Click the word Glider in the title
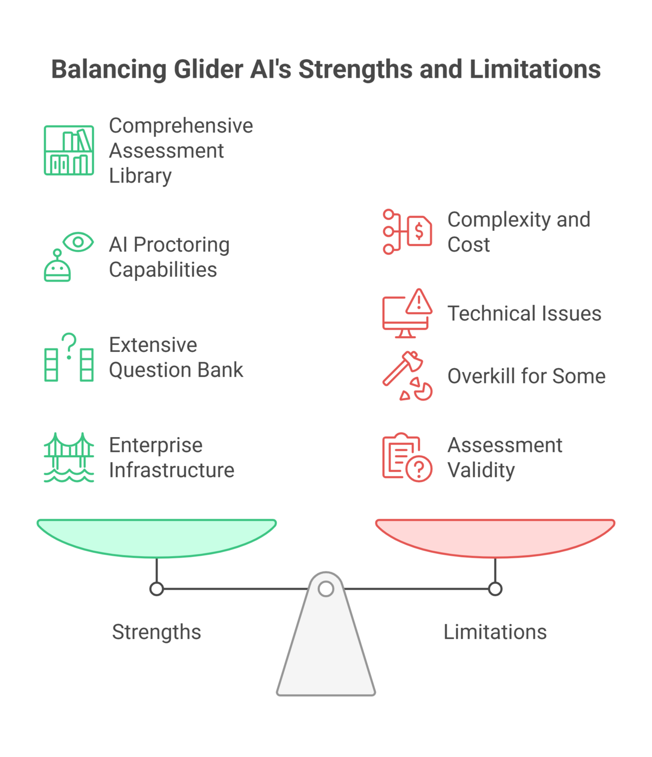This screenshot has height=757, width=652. [x=208, y=69]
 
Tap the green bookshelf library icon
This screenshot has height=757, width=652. [x=69, y=150]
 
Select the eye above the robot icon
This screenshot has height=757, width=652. [x=78, y=242]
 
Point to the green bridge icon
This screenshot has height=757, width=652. [x=69, y=457]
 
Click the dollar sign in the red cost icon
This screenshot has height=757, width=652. [x=418, y=231]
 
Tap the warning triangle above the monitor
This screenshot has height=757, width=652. [x=419, y=301]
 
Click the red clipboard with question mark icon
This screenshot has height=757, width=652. [x=407, y=457]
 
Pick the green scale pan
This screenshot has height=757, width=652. [x=156, y=538]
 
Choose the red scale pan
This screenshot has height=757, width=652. [x=495, y=538]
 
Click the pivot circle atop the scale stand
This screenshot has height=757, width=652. [x=326, y=589]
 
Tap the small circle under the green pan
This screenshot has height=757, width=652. [x=156, y=589]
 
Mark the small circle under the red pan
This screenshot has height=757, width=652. [x=495, y=589]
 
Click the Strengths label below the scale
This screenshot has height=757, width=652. [x=156, y=632]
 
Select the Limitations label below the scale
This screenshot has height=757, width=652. [x=495, y=632]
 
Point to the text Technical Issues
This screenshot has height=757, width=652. [x=524, y=313]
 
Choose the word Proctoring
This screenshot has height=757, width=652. [x=181, y=245]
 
